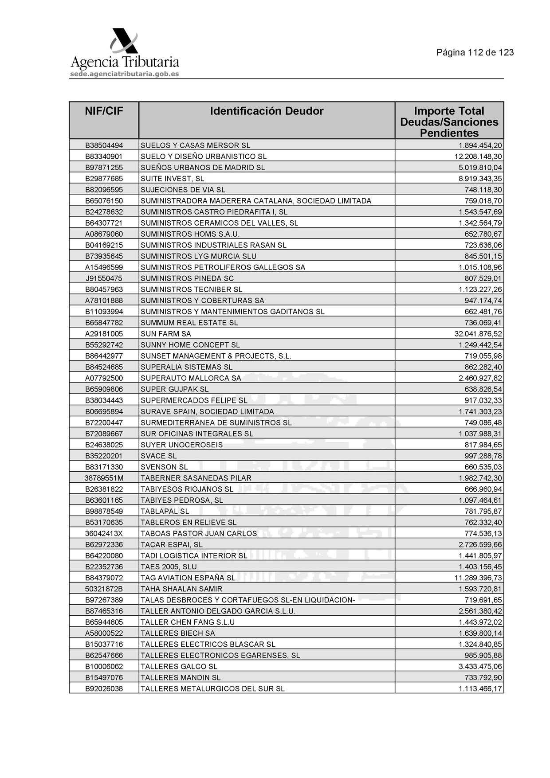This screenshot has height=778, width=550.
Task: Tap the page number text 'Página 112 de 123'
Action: (x=475, y=53)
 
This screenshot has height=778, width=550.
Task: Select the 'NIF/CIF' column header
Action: (x=104, y=111)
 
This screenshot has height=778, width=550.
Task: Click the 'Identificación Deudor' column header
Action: (x=267, y=111)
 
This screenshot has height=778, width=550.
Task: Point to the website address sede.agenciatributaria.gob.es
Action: (x=124, y=74)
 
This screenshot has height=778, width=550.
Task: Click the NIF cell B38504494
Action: (x=104, y=145)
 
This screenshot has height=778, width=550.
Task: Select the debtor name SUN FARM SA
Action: (x=166, y=334)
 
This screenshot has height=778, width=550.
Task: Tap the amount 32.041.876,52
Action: (x=478, y=334)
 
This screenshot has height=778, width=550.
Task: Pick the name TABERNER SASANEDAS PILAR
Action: (x=196, y=478)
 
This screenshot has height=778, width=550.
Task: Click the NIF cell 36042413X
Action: (x=104, y=533)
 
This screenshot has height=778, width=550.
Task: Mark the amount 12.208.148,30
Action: (x=478, y=156)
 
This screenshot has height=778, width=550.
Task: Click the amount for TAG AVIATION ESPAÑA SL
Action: (x=478, y=578)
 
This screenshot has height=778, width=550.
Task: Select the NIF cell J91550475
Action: (x=104, y=278)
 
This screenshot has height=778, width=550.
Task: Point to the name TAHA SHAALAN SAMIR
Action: (x=181, y=589)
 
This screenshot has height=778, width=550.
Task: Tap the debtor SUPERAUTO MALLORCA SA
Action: (x=191, y=378)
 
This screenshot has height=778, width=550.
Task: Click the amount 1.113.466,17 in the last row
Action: (x=480, y=688)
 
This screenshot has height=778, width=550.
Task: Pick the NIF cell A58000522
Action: (x=104, y=633)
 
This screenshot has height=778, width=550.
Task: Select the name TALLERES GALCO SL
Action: (x=179, y=666)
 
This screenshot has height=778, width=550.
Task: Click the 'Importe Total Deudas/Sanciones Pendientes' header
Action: (x=449, y=122)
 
